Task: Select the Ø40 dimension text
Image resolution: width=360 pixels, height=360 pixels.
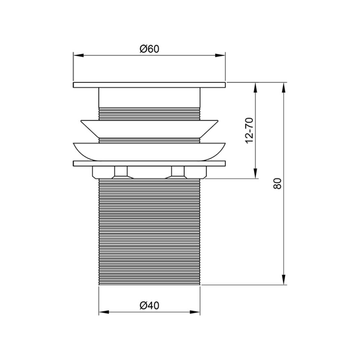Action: point(149,306)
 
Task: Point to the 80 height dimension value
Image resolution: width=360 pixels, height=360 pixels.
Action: point(277,184)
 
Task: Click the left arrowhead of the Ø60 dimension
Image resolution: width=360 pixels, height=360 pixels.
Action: point(78,55)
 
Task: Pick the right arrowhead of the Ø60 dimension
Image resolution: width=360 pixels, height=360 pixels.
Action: point(221,55)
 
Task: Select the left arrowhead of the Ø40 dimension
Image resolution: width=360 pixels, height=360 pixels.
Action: point(103,312)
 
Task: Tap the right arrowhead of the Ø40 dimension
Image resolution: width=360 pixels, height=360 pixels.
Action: point(195,312)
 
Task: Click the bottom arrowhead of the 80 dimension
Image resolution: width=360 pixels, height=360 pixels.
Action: point(284,280)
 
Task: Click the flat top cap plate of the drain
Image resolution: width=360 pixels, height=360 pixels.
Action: point(149,85)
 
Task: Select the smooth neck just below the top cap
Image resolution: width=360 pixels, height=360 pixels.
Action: point(149,97)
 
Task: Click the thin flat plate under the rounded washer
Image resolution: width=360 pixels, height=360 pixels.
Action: point(149,163)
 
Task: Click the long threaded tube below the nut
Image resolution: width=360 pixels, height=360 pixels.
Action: point(149,230)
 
